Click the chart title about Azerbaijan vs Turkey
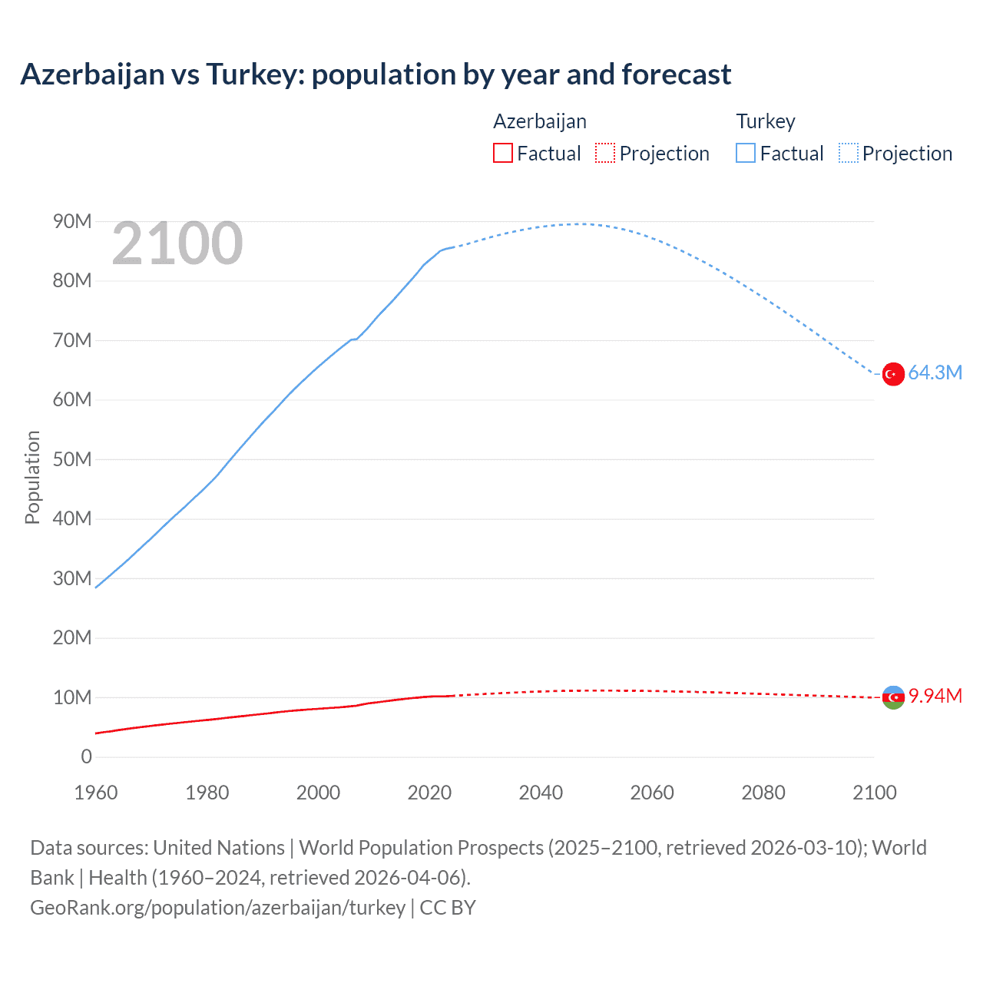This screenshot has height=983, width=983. pos(376,74)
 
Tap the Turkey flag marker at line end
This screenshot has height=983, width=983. pos(892,374)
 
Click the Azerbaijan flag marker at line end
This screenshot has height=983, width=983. pos(892,697)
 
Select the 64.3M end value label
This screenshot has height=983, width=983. pos(935,373)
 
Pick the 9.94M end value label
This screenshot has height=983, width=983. pos(935,697)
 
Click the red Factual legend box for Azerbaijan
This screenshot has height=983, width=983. pos(502,154)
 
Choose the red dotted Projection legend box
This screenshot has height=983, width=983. pos(605,154)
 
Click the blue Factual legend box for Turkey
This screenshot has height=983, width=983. pos(745,154)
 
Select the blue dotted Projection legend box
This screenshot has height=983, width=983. pos(848,154)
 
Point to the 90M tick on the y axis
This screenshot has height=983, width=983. pos(72,222)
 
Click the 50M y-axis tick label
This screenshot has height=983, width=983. pos(72,460)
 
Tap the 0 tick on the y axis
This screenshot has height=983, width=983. pos(86,757)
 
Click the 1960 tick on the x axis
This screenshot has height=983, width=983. pos(96,793)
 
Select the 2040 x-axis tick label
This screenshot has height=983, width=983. pos(541,793)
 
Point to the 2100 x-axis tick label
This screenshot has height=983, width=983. pos(874,793)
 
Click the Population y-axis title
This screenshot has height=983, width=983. pos(32,477)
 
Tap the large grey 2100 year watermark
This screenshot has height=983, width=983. pos(177,244)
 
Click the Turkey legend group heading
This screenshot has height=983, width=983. pos(766,121)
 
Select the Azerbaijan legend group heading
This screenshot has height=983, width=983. pos(540,121)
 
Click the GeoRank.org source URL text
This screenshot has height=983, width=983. pos(217,908)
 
